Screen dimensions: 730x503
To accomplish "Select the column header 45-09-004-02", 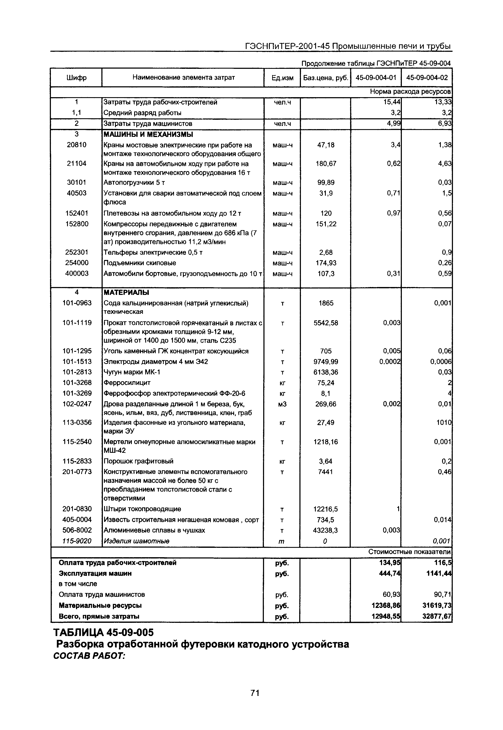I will tap(427, 78).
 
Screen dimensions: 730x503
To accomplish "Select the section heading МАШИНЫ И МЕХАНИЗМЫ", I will tap(148, 135).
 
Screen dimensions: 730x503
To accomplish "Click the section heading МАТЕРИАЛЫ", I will tap(126, 293).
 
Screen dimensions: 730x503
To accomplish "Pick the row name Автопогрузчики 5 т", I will tap(134, 183).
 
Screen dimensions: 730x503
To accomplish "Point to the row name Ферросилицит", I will tap(127, 383).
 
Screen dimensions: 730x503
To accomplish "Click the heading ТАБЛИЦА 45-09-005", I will tap(104, 633).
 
